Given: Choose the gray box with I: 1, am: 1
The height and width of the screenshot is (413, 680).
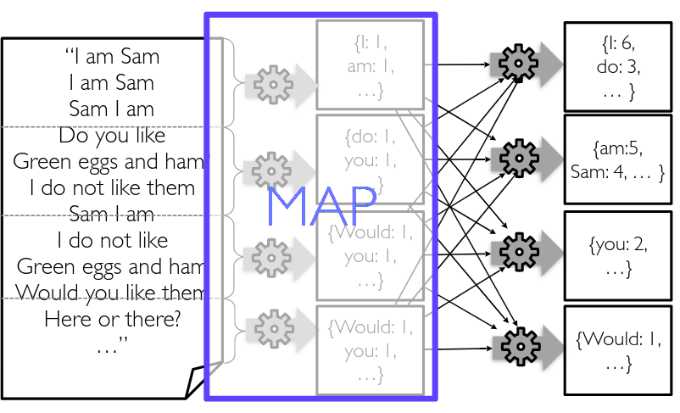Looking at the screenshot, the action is pyautogui.click(x=370, y=64).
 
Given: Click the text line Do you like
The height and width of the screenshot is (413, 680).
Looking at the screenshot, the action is pyautogui.click(x=112, y=136).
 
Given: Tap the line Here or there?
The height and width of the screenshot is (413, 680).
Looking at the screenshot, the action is pyautogui.click(x=112, y=320).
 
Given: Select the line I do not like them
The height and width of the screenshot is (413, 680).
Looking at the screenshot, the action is pyautogui.click(x=112, y=187).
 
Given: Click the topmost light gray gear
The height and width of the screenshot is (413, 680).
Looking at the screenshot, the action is pyautogui.click(x=271, y=82).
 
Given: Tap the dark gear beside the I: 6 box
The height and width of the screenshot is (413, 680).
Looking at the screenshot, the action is pyautogui.click(x=516, y=62).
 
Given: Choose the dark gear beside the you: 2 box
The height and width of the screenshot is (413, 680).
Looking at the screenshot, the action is pyautogui.click(x=516, y=250).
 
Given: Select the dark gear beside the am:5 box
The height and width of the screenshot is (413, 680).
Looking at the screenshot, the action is pyautogui.click(x=516, y=157).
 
